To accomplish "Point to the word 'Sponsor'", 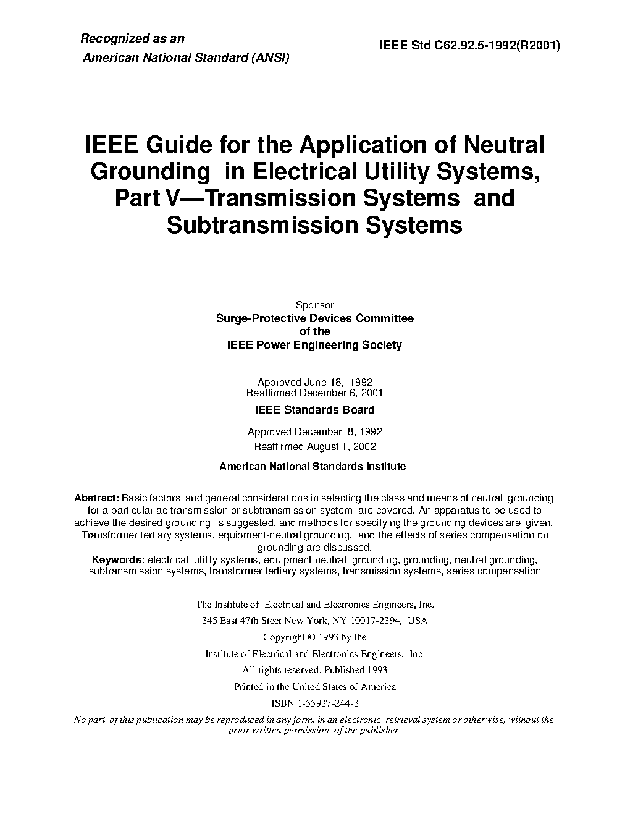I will pos(314,305).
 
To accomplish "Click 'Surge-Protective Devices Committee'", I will pos(314,318).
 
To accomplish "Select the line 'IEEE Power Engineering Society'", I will pos(314,345).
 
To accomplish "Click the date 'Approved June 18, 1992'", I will pos(314,382).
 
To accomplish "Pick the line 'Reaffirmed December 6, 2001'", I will pos(314,393).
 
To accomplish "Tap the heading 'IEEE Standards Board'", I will pos(314,409).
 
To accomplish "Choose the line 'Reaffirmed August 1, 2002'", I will pos(314,446).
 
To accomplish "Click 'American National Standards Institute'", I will pos(313,467).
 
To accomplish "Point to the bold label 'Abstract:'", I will pos(96,498).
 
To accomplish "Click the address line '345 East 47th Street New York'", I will pos(314,621).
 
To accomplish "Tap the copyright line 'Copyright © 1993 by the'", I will pos(314,637).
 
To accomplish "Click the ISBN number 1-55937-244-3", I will pos(315,703).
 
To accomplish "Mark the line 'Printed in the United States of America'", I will pos(314,686).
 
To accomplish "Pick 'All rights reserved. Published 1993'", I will pos(314,669).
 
